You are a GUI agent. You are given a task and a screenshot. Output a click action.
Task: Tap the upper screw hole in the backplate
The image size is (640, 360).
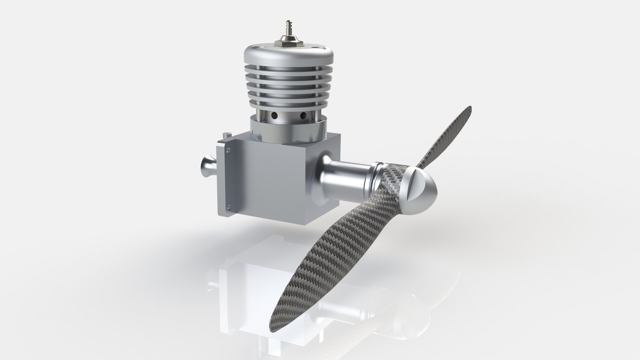[x=228, y=151]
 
